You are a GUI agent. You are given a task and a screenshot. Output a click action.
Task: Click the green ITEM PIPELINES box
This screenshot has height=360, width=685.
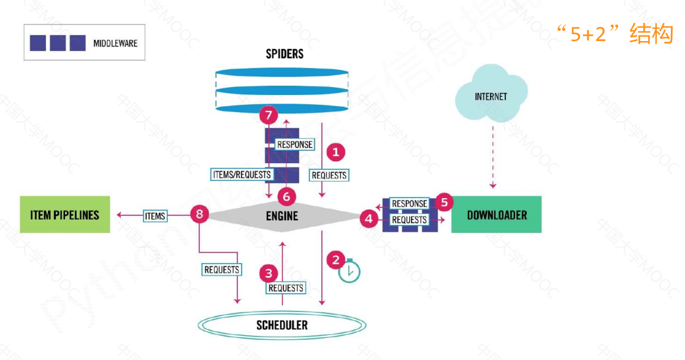(x=65, y=215)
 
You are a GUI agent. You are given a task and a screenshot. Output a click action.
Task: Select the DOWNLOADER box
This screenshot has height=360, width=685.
(x=496, y=215)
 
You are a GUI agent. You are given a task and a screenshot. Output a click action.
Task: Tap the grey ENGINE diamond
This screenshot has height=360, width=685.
(x=282, y=215)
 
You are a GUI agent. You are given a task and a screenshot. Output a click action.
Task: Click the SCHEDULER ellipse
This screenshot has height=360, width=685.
(x=282, y=324)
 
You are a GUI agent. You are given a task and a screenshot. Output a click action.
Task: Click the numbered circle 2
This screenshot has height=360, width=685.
(x=335, y=259)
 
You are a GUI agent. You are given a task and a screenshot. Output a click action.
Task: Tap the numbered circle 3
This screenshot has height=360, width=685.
(x=269, y=272)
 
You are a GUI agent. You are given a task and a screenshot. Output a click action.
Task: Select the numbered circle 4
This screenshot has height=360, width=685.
(x=369, y=218)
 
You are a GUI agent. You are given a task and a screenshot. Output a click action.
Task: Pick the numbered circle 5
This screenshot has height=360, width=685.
(x=444, y=201)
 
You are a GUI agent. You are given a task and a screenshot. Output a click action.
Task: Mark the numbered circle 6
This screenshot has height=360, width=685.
(x=286, y=196)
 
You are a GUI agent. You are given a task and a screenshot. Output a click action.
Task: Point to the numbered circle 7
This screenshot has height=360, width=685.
(x=269, y=114)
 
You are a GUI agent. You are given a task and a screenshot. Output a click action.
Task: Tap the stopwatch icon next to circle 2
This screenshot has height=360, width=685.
(x=350, y=272)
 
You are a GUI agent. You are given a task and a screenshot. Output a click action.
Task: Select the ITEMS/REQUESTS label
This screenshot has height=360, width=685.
(x=241, y=174)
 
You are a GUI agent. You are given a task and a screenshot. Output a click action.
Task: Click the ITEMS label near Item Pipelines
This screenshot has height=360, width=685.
(x=155, y=215)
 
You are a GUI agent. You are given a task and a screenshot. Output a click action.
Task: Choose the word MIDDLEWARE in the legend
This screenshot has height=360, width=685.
(x=115, y=44)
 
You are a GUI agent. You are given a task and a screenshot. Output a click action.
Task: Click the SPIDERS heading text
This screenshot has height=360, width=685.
(x=285, y=54)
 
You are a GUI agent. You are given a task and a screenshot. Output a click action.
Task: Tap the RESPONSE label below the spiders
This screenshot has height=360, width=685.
(x=295, y=145)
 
